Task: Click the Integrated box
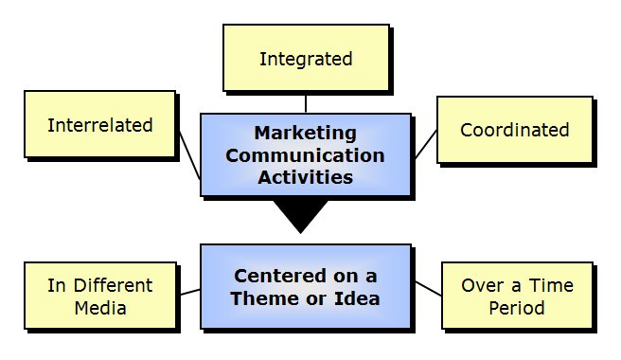tap(305, 59)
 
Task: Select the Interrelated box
tap(99, 125)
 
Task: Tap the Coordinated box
tap(514, 131)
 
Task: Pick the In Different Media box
tap(99, 296)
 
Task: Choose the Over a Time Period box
tap(517, 296)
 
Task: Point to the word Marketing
tap(305, 133)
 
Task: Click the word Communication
tap(305, 154)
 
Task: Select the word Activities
tap(305, 176)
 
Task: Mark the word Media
tap(99, 307)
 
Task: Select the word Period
tap(517, 307)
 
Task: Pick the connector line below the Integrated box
tap(305, 102)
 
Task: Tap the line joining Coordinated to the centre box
tap(424, 144)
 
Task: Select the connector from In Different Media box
tap(188, 292)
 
